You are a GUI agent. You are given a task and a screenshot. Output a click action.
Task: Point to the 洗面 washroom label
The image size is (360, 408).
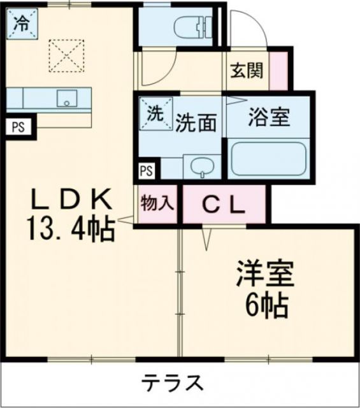[x=195, y=121]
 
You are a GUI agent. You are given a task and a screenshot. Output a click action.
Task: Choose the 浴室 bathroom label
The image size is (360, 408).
[x=269, y=117]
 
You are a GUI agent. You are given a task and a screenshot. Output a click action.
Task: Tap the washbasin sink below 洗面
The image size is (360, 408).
[x=201, y=167]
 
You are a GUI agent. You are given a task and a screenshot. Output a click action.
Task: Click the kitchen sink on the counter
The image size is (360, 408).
[x=66, y=98]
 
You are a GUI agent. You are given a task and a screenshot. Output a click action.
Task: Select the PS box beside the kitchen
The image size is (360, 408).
[x=17, y=126]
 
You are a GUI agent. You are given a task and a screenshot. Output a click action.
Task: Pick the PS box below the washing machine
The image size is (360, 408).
[x=147, y=170]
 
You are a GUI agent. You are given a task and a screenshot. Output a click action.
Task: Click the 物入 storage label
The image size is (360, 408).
[x=156, y=204]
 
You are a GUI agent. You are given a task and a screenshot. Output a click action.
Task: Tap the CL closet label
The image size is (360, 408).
[x=223, y=204]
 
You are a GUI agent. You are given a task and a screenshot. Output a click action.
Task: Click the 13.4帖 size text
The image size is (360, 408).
[x=70, y=228]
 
